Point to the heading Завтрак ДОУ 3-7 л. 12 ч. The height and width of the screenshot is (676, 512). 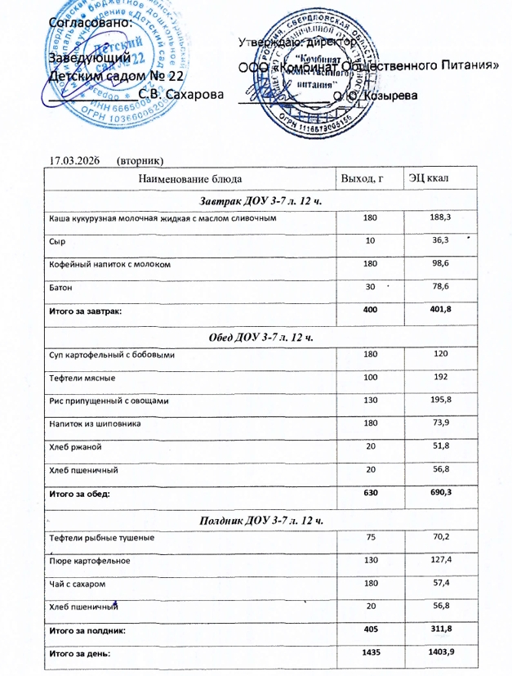tap(257, 201)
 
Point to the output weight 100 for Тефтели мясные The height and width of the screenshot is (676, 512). tap(371, 377)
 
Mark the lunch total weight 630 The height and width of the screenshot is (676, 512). tap(371, 492)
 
